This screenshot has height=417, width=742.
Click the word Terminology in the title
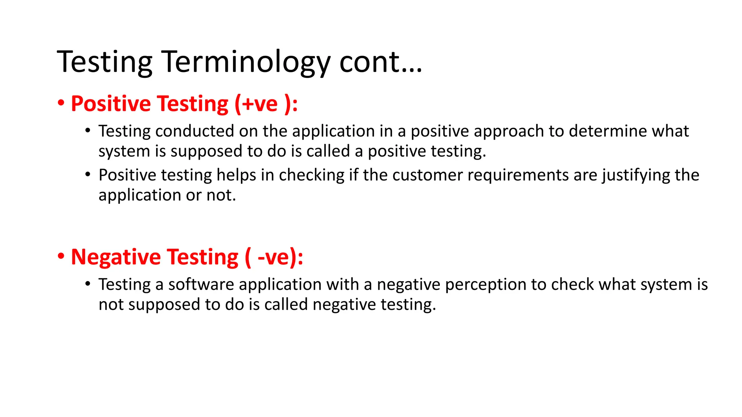[x=245, y=62]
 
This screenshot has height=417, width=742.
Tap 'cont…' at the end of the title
[x=380, y=62]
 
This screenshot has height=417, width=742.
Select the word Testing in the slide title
[x=104, y=62]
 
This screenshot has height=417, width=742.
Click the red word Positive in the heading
[x=111, y=104]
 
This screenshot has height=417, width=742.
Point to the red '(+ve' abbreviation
[x=256, y=104]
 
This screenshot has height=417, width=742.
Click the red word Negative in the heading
[x=116, y=257]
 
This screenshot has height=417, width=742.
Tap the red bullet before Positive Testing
[x=61, y=103]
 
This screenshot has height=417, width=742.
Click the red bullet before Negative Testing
[x=61, y=256]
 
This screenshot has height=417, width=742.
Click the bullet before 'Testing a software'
[x=88, y=284]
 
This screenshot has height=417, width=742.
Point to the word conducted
[x=195, y=131]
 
